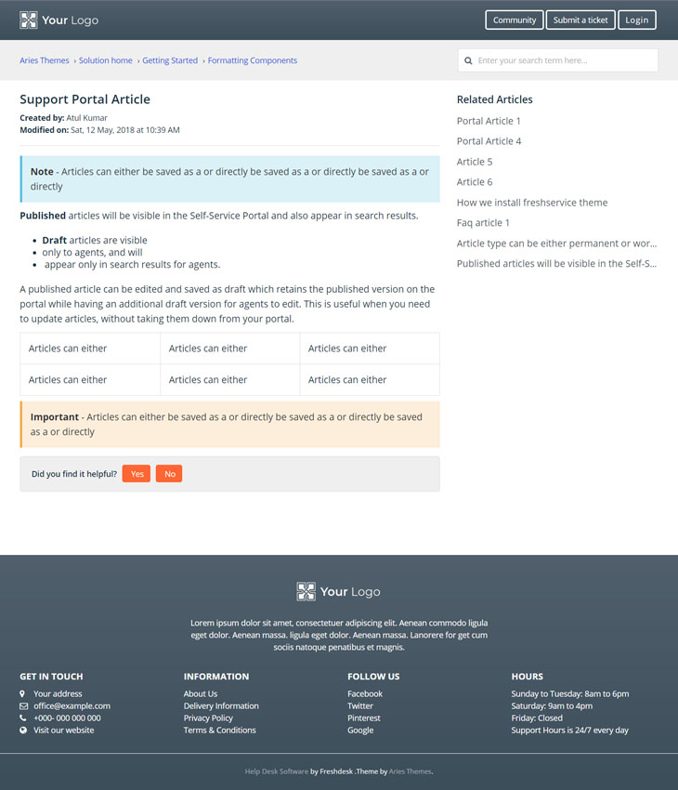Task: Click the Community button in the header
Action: click(515, 20)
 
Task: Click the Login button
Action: click(637, 20)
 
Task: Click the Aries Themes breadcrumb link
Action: click(45, 60)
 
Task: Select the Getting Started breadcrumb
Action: click(170, 60)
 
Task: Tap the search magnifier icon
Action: click(469, 60)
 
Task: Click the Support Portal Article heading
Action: click(85, 99)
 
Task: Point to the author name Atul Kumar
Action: click(87, 118)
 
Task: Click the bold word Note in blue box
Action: click(42, 172)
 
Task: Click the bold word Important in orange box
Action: click(55, 417)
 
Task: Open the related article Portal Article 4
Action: click(489, 141)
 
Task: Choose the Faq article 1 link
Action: click(483, 223)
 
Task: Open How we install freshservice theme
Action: click(531, 203)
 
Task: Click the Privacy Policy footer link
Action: click(208, 718)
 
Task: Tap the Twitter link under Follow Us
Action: click(360, 706)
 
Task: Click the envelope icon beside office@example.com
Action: click(23, 706)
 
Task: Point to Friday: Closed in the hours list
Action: click(537, 718)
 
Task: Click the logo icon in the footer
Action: click(306, 592)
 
